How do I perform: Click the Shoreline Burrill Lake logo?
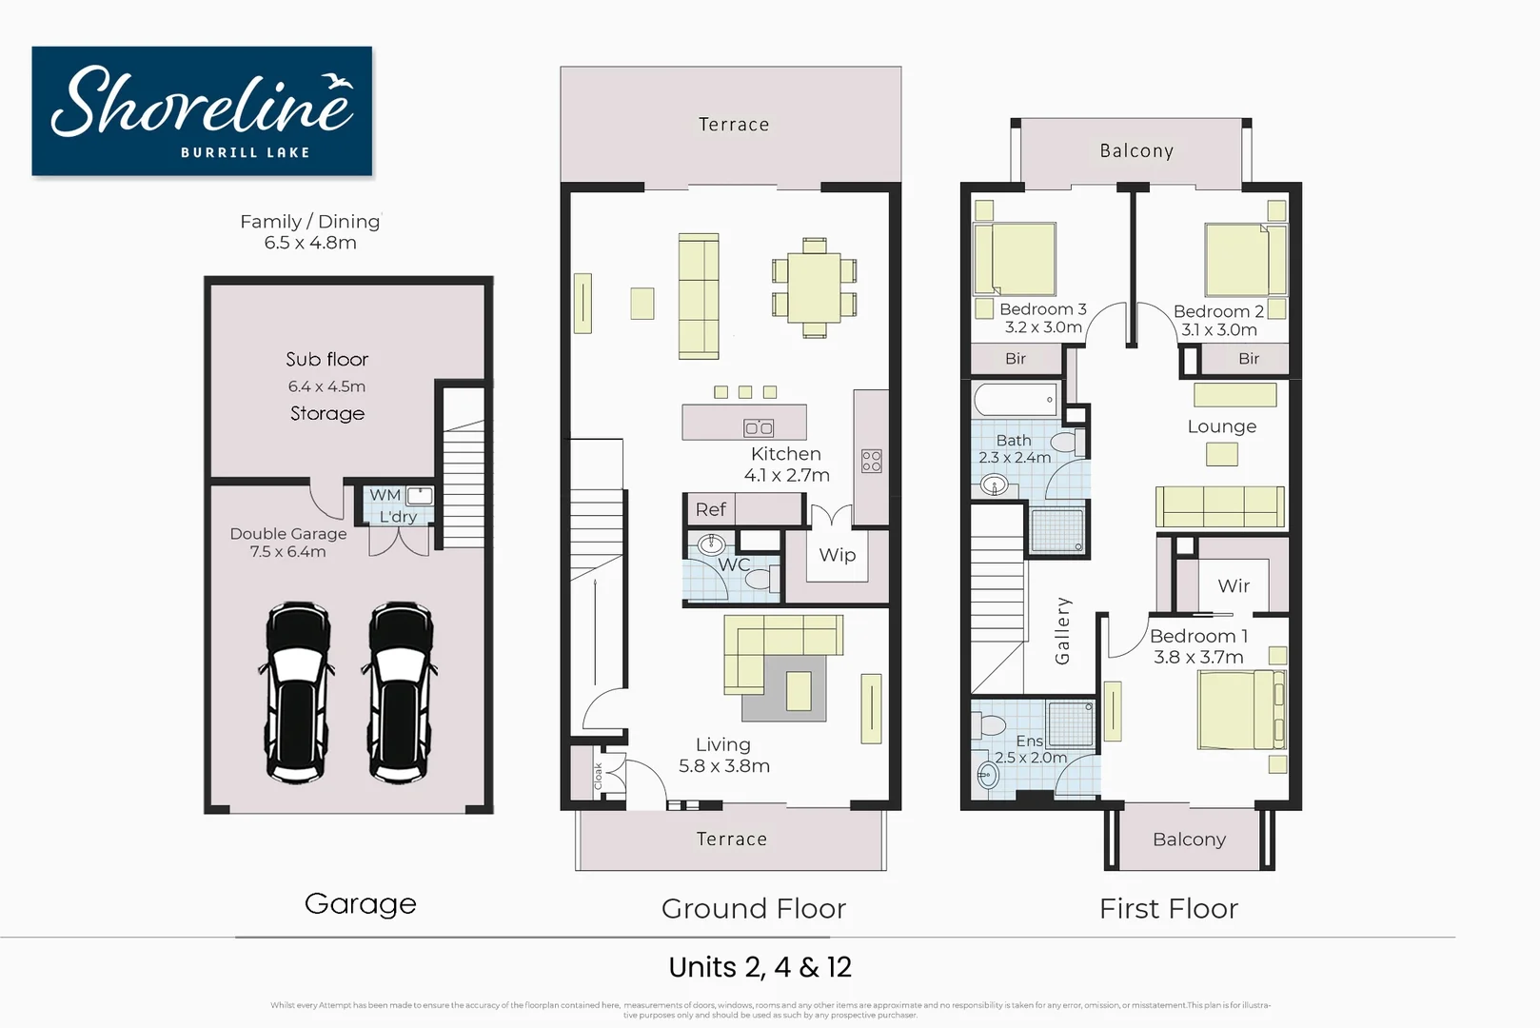[x=202, y=111]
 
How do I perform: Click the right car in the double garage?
[x=400, y=691]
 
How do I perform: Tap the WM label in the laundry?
[x=385, y=495]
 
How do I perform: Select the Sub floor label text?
[x=326, y=360]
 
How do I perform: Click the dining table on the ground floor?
[x=814, y=288]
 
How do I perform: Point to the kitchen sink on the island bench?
[x=759, y=427]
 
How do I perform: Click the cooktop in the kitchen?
[x=871, y=462]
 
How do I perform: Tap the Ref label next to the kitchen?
[x=710, y=510]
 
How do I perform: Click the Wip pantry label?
[x=838, y=555]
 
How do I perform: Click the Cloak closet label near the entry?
[x=599, y=776]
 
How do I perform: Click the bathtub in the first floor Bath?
[x=1016, y=399]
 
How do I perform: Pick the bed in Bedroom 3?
[x=1016, y=259]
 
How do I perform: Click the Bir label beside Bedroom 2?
[x=1249, y=359]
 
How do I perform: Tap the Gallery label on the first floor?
[x=1063, y=630]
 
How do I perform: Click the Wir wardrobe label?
[x=1234, y=586]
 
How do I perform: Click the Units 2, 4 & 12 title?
[x=760, y=967]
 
